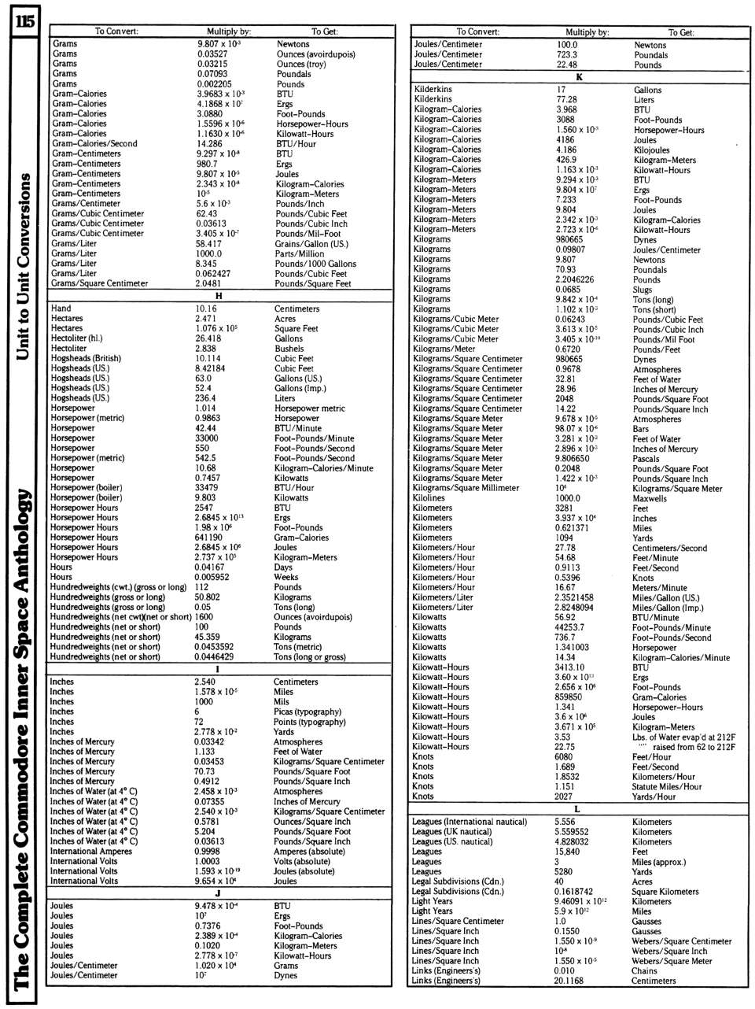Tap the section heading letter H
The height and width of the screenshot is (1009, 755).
click(x=219, y=296)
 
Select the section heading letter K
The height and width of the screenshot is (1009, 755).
click(x=579, y=77)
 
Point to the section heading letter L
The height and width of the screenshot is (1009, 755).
click(x=577, y=809)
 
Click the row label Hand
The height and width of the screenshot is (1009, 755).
click(x=61, y=309)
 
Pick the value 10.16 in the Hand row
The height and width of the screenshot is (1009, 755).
click(x=206, y=309)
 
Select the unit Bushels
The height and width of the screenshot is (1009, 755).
click(x=289, y=349)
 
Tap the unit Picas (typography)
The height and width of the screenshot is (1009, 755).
click(x=307, y=711)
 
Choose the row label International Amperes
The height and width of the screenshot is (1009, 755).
click(x=90, y=852)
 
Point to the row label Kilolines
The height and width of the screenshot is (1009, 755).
click(x=429, y=498)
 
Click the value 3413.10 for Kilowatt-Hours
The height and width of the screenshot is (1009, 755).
click(x=569, y=667)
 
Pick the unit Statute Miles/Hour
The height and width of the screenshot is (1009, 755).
click(x=667, y=786)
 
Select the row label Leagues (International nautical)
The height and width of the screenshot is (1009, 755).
click(x=469, y=822)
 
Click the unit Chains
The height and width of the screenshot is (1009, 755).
click(x=645, y=971)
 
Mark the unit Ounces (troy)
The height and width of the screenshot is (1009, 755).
click(x=301, y=64)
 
